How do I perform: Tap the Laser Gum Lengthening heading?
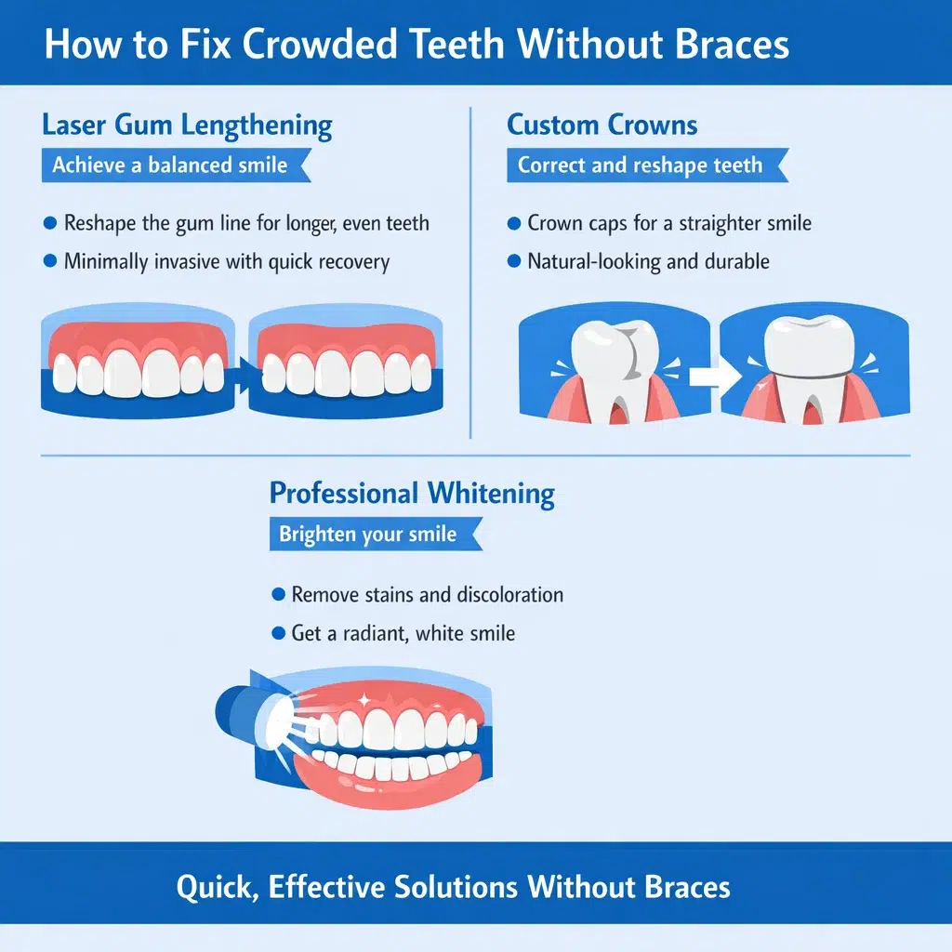(x=187, y=125)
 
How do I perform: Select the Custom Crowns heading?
(x=602, y=125)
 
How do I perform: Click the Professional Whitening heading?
(x=412, y=493)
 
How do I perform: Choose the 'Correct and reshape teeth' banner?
(x=641, y=166)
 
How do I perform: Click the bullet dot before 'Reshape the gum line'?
(x=50, y=223)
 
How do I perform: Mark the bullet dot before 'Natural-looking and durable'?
(x=514, y=262)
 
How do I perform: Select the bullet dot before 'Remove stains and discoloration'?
(x=277, y=594)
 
